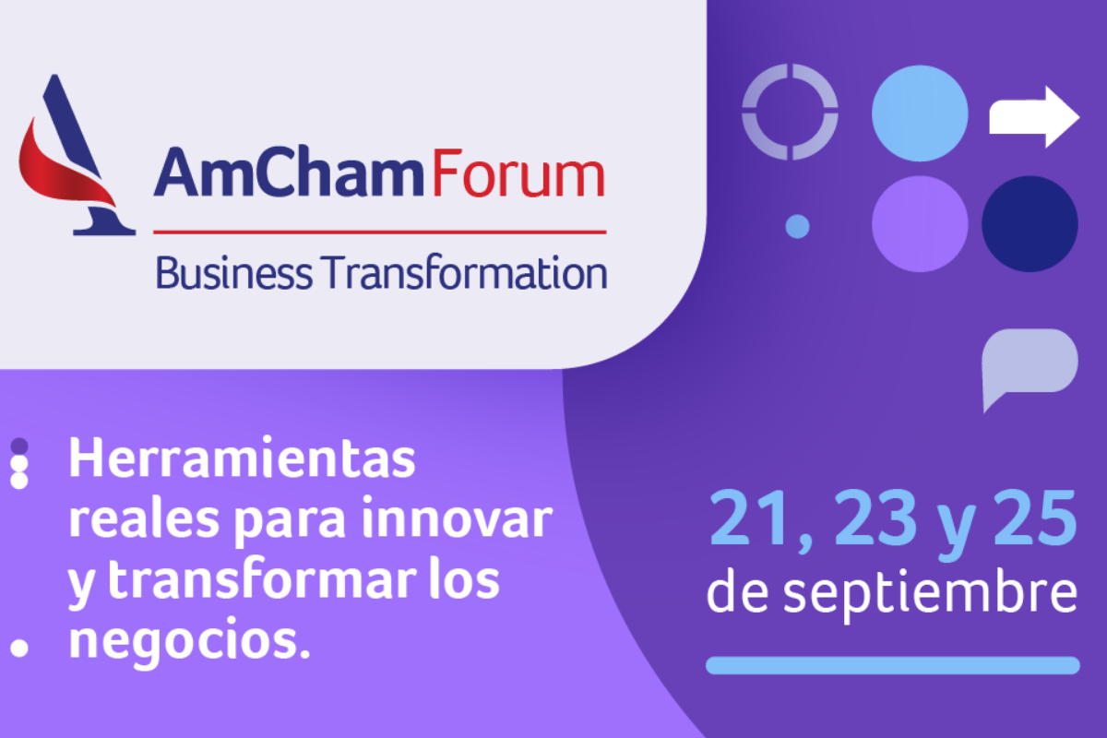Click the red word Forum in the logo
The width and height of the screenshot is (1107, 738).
coord(518,173)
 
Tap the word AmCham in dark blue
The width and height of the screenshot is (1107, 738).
coord(289,172)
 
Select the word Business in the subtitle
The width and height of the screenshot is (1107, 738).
coord(233,272)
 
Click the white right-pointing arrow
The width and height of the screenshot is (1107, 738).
coord(1034,117)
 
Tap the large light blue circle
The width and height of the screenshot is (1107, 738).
coord(920,113)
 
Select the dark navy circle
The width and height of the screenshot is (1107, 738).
coord(1030,223)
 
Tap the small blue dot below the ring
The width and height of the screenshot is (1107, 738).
coord(797,227)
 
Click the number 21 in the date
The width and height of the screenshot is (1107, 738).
coord(749,518)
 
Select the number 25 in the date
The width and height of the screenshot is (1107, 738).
coord(1035,518)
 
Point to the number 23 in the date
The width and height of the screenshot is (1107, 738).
coord(875,518)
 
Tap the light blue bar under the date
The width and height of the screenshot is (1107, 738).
coord(893,665)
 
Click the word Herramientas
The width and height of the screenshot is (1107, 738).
coord(242,458)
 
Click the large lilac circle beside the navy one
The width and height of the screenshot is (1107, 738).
coord(920,223)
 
